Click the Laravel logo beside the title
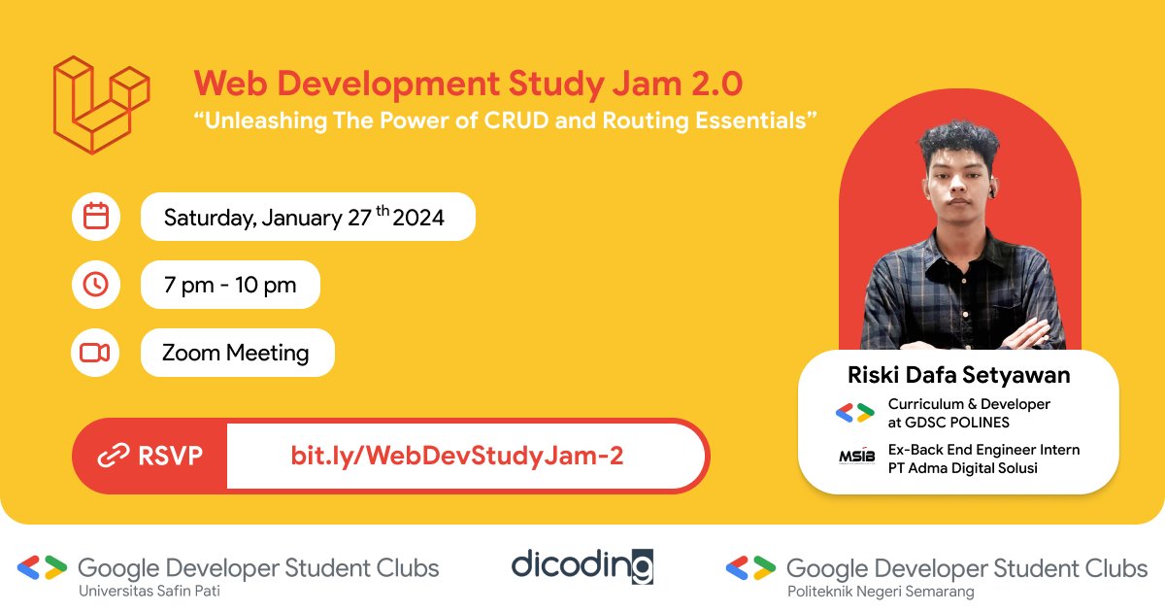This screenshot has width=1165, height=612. pyautogui.click(x=101, y=105)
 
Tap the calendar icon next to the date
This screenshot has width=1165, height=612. pyautogui.click(x=96, y=217)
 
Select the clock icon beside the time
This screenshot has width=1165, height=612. pyautogui.click(x=96, y=285)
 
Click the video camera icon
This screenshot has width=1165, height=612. pyautogui.click(x=95, y=353)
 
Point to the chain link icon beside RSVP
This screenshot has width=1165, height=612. pyautogui.click(x=114, y=456)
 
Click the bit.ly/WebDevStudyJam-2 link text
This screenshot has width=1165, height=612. pyautogui.click(x=456, y=456)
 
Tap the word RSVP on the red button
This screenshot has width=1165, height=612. pyautogui.click(x=171, y=456)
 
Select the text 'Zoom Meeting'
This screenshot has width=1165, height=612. pyautogui.click(x=236, y=353)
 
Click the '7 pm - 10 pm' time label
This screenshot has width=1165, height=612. pyautogui.click(x=230, y=285)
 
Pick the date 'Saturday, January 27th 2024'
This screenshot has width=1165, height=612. pyautogui.click(x=304, y=217)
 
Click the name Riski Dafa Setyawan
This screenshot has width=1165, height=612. pyautogui.click(x=958, y=374)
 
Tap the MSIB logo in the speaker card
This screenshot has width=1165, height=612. pyautogui.click(x=856, y=457)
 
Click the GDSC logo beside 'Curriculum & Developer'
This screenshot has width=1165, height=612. pyautogui.click(x=855, y=413)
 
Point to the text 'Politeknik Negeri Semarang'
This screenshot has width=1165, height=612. pyautogui.click(x=880, y=591)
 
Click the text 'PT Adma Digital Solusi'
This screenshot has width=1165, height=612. pyautogui.click(x=963, y=468)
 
